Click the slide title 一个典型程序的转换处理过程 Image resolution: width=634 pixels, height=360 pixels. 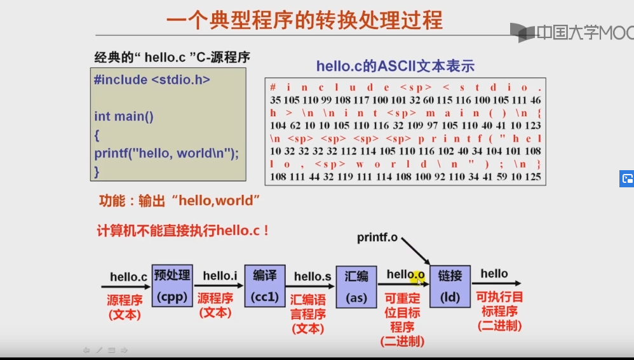pyautogui.click(x=304, y=20)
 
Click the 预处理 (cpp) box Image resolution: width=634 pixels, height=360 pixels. pyautogui.click(x=172, y=285)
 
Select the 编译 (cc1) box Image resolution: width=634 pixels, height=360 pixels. pyautogui.click(x=265, y=285)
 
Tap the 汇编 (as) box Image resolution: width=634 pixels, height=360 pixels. pyautogui.click(x=356, y=286)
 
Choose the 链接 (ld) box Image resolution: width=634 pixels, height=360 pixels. pyautogui.click(x=450, y=286)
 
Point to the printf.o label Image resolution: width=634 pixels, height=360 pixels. pyautogui.click(x=377, y=237)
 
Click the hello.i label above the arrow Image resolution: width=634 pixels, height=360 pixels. pyautogui.click(x=220, y=276)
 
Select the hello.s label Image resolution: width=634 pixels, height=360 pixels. pyautogui.click(x=312, y=276)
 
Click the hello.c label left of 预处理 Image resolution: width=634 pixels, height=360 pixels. pyautogui.click(x=128, y=277)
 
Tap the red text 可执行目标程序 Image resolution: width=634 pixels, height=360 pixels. pyautogui.click(x=499, y=312)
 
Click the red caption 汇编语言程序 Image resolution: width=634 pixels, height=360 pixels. pyautogui.click(x=307, y=314)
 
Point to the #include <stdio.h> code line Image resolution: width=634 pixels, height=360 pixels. pyautogui.click(x=152, y=80)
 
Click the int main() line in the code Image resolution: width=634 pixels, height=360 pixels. pyautogui.click(x=124, y=116)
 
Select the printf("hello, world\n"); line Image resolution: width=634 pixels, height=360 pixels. pyautogui.click(x=166, y=153)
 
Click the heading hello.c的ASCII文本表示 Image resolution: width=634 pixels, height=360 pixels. pyautogui.click(x=395, y=66)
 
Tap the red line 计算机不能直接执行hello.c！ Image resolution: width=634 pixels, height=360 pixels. pyautogui.click(x=183, y=230)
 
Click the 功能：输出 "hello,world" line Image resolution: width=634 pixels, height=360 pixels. pyautogui.click(x=180, y=201)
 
